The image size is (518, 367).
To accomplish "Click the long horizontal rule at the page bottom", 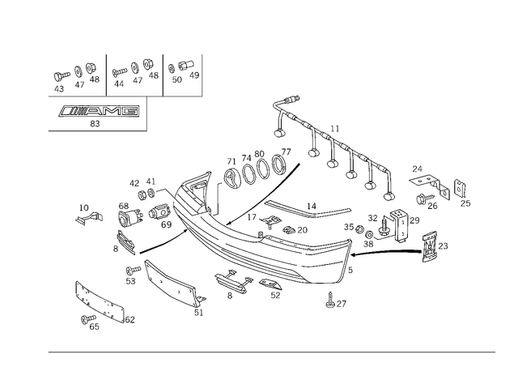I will pyautogui.click(x=271, y=350).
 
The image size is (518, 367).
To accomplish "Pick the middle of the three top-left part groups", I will pyautogui.click(x=134, y=73).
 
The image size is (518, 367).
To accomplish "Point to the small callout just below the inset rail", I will pyautogui.click(x=96, y=124).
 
